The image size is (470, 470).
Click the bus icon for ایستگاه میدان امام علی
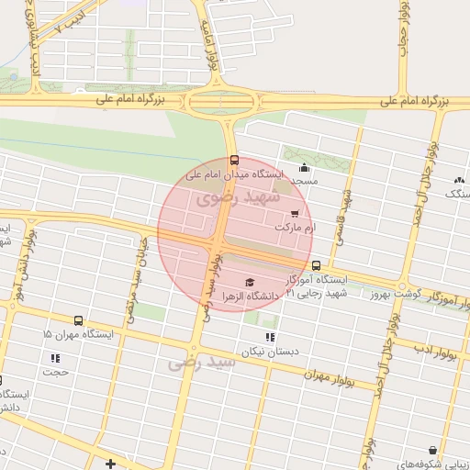(x=234, y=160)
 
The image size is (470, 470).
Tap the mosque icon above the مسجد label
(x=305, y=167)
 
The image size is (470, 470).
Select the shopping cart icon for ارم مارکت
(x=294, y=213)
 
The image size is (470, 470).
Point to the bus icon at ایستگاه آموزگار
(x=316, y=265)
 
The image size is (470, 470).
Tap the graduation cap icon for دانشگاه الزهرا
(x=249, y=281)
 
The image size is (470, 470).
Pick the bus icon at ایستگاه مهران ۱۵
(x=78, y=321)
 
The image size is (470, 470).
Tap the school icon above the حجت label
(x=55, y=358)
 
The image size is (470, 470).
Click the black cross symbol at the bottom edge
(x=111, y=464)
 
